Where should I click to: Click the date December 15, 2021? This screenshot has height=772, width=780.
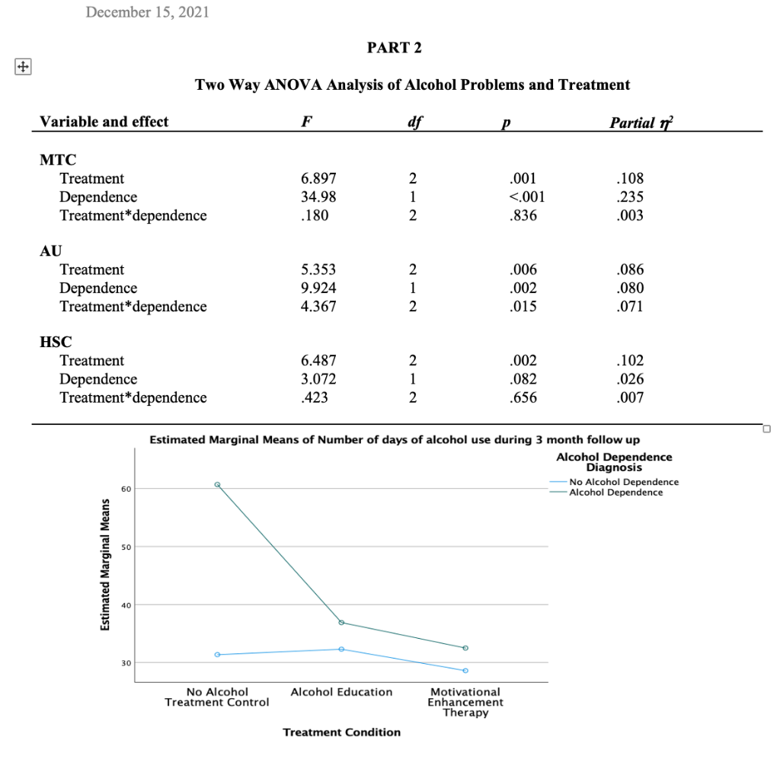(x=147, y=12)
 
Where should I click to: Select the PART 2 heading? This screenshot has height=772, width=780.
(x=394, y=48)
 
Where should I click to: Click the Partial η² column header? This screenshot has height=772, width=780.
(x=639, y=122)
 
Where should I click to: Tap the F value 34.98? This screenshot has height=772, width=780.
(x=318, y=197)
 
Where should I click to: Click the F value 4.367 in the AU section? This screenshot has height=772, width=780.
(x=318, y=307)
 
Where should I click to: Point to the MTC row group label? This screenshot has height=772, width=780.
(x=58, y=160)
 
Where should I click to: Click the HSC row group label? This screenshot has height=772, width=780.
(x=56, y=342)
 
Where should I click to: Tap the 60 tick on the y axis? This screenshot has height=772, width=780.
(x=126, y=489)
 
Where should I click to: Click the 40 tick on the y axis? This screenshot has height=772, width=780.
(x=126, y=605)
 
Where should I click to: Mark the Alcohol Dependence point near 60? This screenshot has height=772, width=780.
(x=217, y=484)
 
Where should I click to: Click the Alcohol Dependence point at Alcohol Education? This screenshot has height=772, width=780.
(x=341, y=623)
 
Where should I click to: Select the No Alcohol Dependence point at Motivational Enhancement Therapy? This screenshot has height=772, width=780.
(x=465, y=671)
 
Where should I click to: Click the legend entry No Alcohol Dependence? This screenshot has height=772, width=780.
(x=623, y=482)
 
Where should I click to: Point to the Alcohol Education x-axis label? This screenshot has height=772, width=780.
(x=341, y=692)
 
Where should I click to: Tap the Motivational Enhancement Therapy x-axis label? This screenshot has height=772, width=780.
(x=465, y=702)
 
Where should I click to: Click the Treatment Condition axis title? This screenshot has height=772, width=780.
(x=341, y=732)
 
